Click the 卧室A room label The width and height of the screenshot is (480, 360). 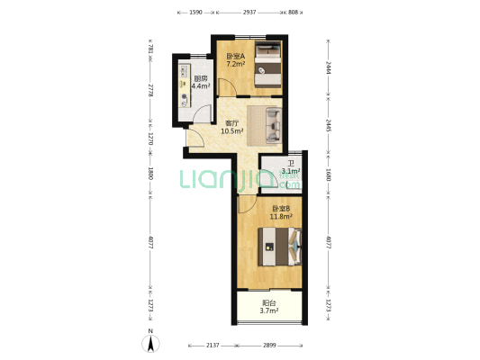point(235,57)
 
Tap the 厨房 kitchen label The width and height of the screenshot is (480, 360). point(201,78)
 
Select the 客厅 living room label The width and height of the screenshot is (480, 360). point(231,123)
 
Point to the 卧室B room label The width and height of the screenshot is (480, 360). point(281,209)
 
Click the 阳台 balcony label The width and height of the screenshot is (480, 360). point(269,303)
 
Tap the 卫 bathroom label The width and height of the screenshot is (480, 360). point(291,164)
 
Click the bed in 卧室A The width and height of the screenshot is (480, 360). point(268,64)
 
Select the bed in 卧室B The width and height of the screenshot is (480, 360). point(280,247)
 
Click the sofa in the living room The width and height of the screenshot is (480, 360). point(274,125)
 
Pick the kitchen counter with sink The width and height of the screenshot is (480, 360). point(185,85)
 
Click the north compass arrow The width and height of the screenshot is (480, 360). point(150,344)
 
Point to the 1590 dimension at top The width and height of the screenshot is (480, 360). point(196,13)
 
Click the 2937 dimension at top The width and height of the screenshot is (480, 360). point(249,13)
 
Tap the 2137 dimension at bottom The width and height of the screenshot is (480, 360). point(213,345)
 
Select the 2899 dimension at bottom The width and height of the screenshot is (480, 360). point(269,345)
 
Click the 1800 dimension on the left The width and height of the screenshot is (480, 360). point(150,174)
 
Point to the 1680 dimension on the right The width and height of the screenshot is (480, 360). point(328,175)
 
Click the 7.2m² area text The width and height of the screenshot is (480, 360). point(235,64)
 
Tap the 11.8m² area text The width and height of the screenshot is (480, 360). point(281,217)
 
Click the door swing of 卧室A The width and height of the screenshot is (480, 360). point(227,86)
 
